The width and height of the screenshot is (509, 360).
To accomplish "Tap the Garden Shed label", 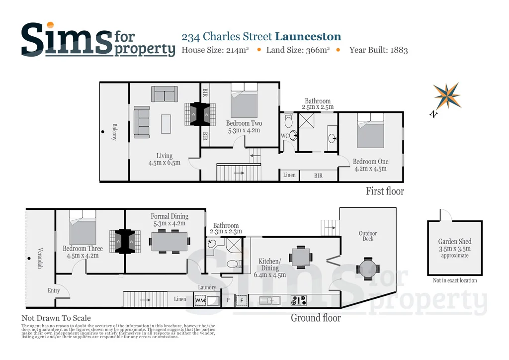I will point(454,242).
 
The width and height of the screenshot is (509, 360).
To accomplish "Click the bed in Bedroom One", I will point(371,130).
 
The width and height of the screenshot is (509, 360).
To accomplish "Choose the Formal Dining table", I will point(169,242).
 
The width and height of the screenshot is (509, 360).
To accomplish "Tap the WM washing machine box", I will point(200,301).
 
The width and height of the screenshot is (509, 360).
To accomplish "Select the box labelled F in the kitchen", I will point(242,301).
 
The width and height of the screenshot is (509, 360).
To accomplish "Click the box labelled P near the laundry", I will point(228,301).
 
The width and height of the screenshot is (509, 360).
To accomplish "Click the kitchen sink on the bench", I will point(269,300).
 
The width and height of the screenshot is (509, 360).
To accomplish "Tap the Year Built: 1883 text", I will point(378,50).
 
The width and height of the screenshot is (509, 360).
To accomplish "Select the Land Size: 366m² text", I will point(298,50).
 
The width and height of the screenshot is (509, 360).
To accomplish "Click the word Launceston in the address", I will point(308,36).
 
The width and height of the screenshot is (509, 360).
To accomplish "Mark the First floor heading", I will point(385,191).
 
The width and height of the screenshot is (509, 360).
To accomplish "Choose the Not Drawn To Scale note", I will point(56,318).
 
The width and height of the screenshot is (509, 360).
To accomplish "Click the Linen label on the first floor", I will point(289,175).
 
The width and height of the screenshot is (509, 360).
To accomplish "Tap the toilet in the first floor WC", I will point(289,121).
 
